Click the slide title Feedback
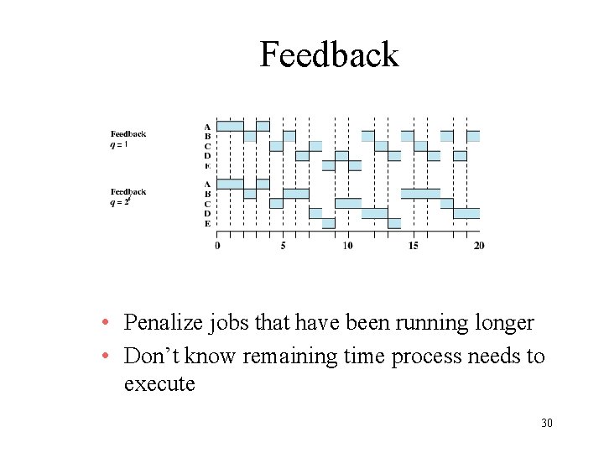point(329,55)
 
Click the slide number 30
point(546,423)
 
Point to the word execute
point(159,384)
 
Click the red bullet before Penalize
point(103,324)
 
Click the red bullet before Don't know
point(103,357)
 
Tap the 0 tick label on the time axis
point(217,245)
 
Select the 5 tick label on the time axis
point(283,245)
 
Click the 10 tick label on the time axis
point(347,245)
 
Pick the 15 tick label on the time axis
point(414,245)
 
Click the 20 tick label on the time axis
point(479,245)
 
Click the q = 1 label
point(119,143)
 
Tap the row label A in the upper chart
point(207,127)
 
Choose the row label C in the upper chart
point(207,146)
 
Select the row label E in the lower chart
point(207,223)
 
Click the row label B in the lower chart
point(207,194)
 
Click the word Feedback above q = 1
point(128,133)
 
